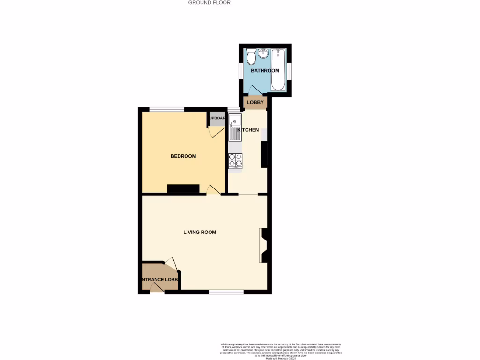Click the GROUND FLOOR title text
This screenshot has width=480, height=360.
pos(210,2)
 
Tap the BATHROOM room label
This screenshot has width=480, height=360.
pos(265,71)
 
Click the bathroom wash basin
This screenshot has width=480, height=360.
pos(262,53)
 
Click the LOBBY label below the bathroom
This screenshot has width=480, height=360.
pos(255,103)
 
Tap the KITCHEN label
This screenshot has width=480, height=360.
pos(248,130)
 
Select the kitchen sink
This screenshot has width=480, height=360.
pos(234,127)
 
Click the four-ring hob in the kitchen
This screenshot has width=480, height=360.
pos(235,161)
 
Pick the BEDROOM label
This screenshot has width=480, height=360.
pos(183,156)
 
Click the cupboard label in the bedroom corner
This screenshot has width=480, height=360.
pos(217,118)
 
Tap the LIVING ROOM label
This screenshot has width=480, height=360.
pos(200,232)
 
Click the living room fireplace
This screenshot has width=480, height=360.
pos(264,245)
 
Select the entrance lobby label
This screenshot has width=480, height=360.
pos(160,280)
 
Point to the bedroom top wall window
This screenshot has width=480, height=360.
pos(166,109)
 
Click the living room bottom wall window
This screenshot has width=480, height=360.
pos(226,292)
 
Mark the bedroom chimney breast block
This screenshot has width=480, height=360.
pos(183,189)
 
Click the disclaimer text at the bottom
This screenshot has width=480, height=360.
pos(281,351)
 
